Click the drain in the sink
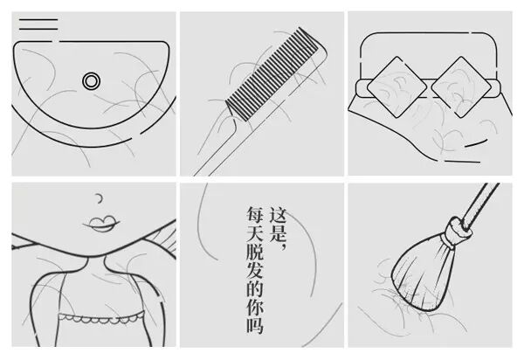coord(91,81)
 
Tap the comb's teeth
coord(272,74)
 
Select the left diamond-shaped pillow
coord(396,87)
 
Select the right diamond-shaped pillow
coord(461,87)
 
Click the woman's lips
coord(101,224)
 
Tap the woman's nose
coord(99,198)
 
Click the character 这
coord(278,217)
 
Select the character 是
coord(278,235)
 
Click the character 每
coord(255,216)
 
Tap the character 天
coord(255,235)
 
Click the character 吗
coord(255,323)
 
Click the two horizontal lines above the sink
coord(38,24)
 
